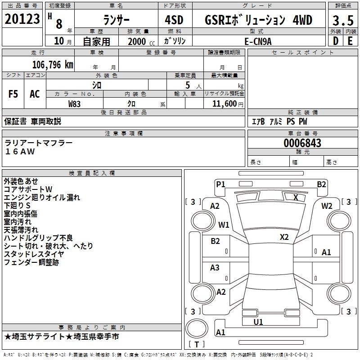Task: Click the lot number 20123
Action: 22,19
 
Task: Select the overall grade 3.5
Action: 343,20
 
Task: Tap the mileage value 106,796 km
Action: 53,65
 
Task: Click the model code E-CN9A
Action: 258,41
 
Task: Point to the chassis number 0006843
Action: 302,143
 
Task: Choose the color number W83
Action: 74,104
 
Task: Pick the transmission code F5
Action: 13,94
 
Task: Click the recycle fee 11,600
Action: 224,104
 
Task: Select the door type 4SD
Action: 174,20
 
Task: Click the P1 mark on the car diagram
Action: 220,184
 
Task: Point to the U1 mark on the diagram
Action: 258,322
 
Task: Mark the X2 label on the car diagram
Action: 284,237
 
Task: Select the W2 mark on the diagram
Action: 327,206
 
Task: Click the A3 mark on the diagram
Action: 215,267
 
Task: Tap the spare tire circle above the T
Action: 197,328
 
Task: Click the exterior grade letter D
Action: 336,41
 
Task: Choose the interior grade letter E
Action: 350,41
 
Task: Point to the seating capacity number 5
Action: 188,85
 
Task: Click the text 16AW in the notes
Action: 20,152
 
